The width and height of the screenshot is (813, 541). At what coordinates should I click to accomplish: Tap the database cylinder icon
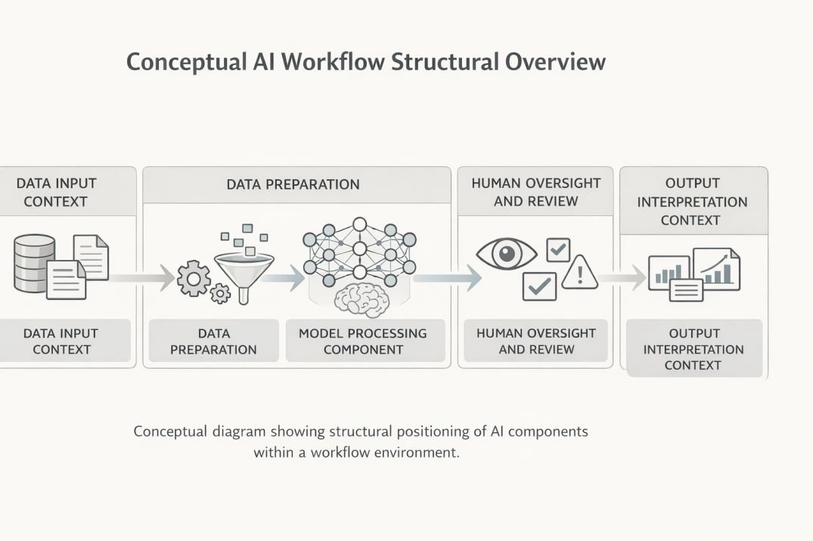pyautogui.click(x=34, y=263)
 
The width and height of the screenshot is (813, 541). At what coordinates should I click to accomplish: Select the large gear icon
pyautogui.click(x=194, y=280)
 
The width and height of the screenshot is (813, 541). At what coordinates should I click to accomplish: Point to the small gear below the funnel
pyautogui.click(x=220, y=292)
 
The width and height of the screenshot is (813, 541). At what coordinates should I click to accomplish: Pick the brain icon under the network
pyautogui.click(x=361, y=299)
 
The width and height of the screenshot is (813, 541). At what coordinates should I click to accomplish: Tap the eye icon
pyautogui.click(x=506, y=253)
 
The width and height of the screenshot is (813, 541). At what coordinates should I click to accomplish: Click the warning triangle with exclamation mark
pyautogui.click(x=580, y=272)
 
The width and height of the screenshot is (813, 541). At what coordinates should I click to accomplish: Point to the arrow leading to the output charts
pyautogui.click(x=624, y=278)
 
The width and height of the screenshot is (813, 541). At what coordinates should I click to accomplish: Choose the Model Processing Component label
pyautogui.click(x=362, y=342)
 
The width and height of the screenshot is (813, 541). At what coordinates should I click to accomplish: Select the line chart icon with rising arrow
pyautogui.click(x=716, y=268)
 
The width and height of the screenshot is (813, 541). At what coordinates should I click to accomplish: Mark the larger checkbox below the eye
pyautogui.click(x=539, y=286)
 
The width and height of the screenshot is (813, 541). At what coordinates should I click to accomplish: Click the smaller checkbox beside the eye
pyautogui.click(x=558, y=250)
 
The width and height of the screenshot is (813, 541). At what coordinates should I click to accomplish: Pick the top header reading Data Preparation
pyautogui.click(x=293, y=184)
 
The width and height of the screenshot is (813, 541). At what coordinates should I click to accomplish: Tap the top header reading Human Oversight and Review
pyautogui.click(x=535, y=192)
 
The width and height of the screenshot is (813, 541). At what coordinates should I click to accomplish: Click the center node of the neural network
pyautogui.click(x=359, y=249)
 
